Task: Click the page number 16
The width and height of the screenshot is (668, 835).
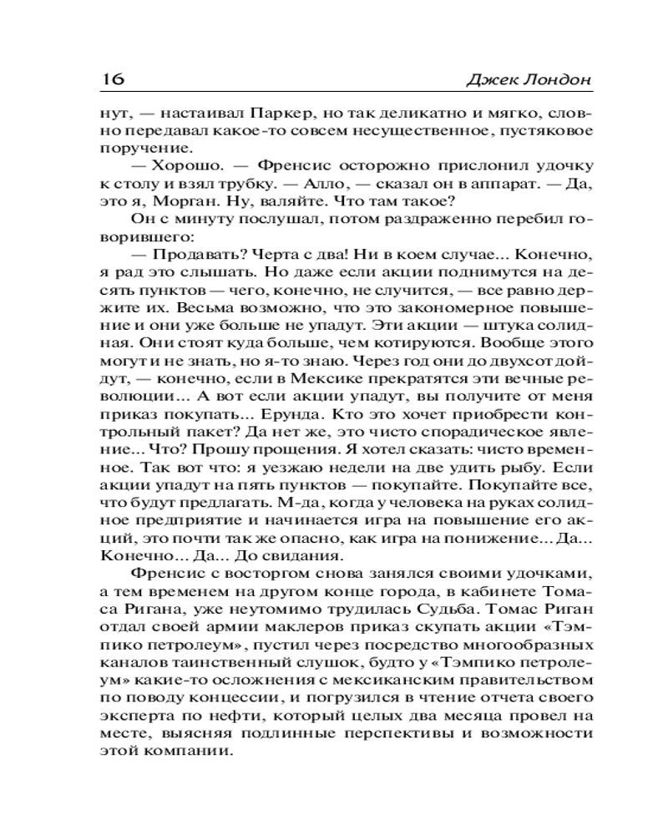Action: [x=112, y=79]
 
